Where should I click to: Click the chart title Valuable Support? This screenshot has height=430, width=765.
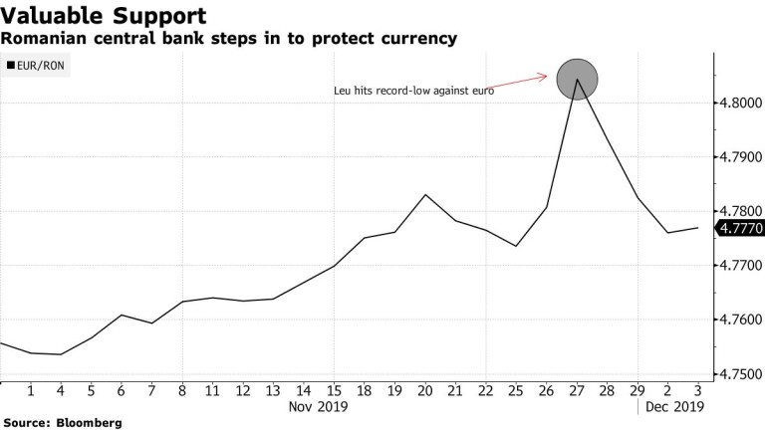104,16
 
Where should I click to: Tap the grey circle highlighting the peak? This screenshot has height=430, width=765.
578,79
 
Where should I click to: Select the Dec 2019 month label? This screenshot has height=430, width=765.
675,406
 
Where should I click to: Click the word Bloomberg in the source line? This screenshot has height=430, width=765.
89,423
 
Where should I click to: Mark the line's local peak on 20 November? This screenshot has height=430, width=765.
426,195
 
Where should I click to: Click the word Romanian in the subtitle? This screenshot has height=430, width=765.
39,39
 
